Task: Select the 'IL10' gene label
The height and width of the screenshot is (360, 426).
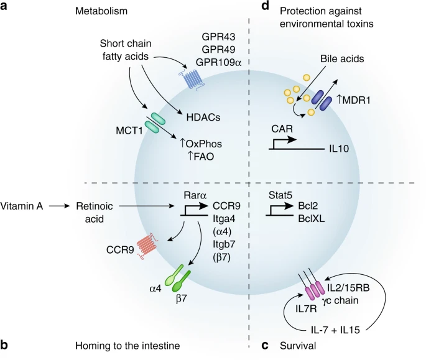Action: coord(339,150)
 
